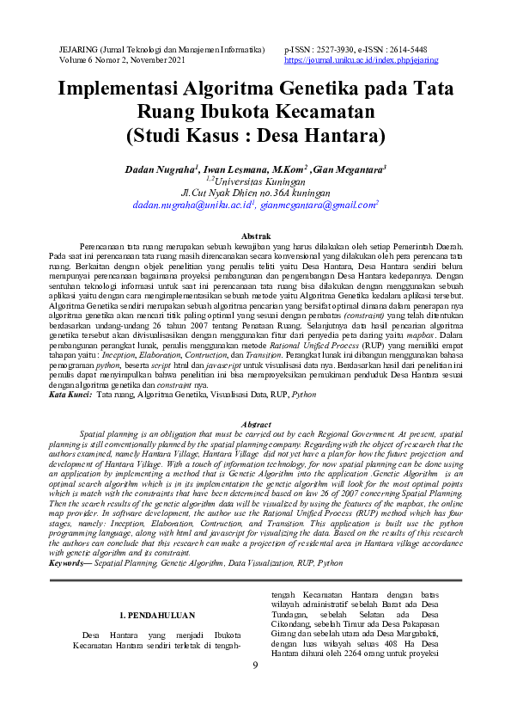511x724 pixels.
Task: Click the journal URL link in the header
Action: (361, 60)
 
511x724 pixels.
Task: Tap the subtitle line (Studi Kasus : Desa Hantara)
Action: (255, 136)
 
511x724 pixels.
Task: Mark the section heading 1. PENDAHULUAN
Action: (155, 615)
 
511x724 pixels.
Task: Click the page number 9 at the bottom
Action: (255, 666)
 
